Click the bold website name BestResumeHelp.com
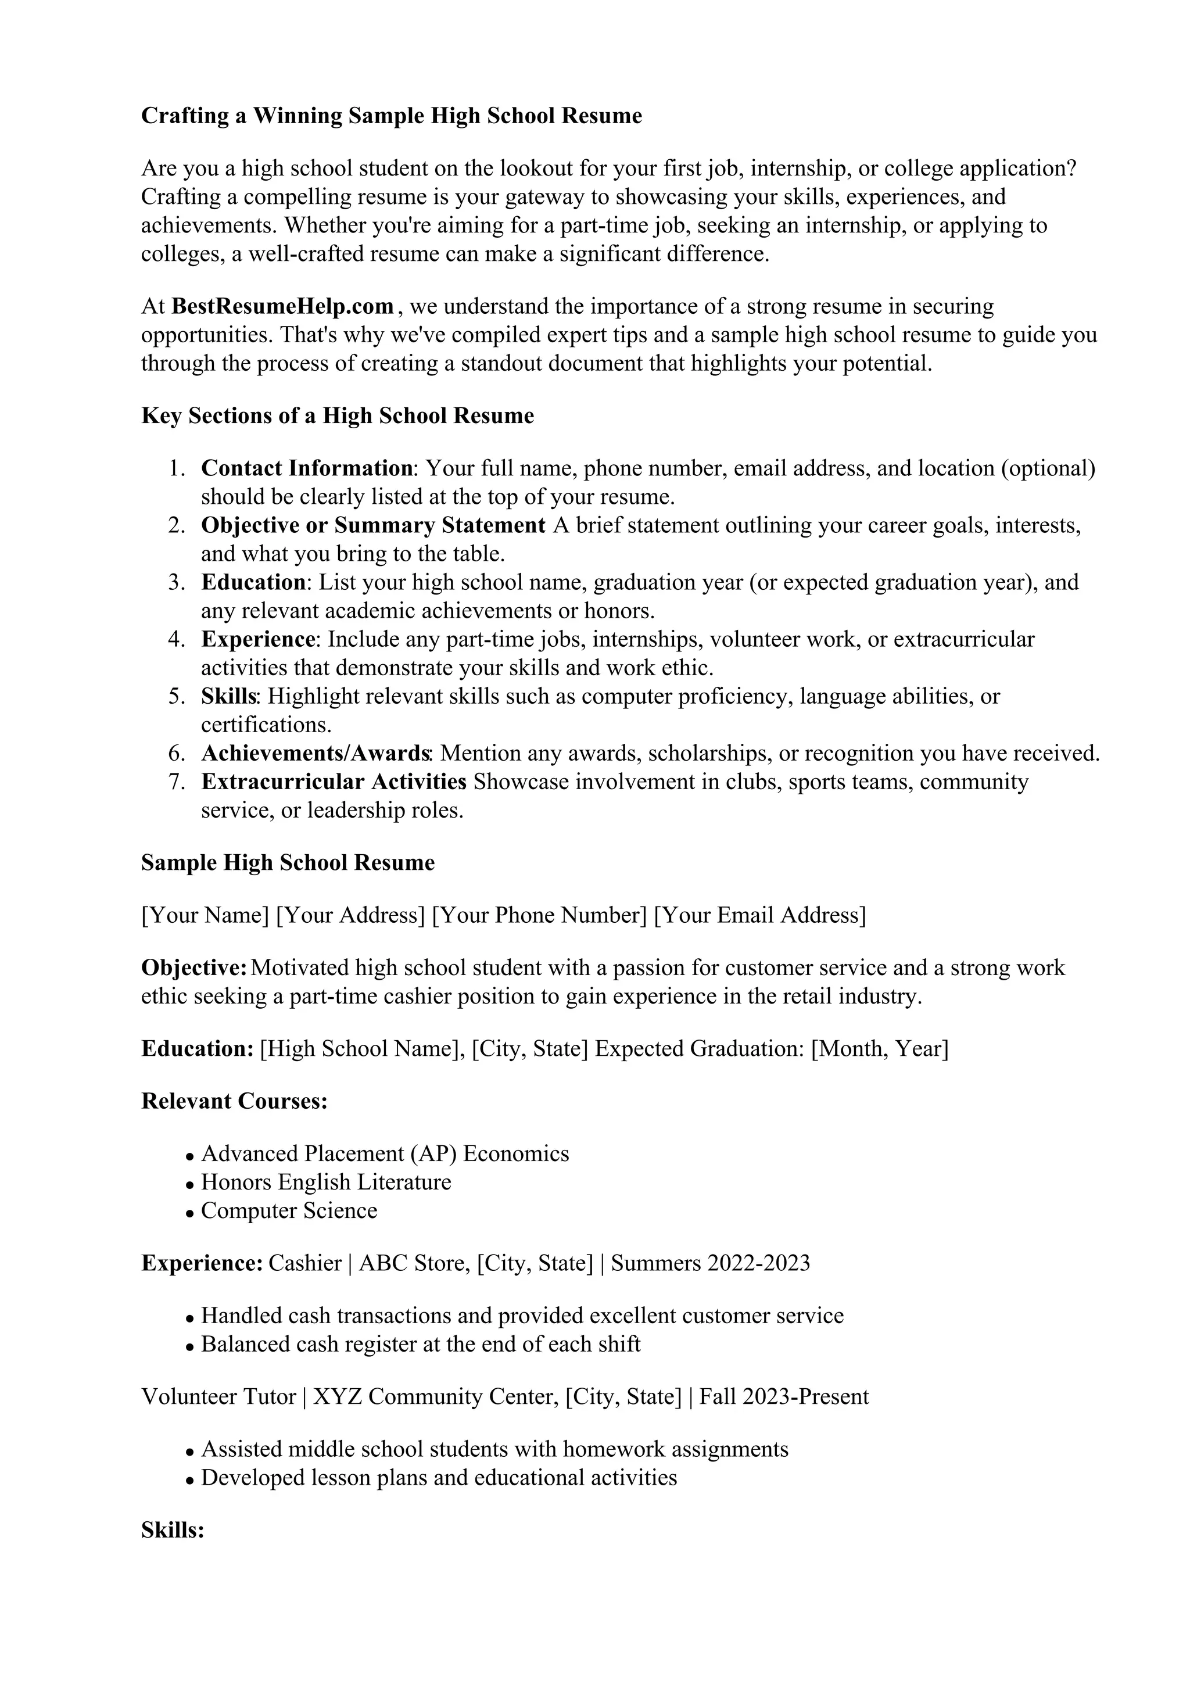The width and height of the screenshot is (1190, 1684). click(282, 306)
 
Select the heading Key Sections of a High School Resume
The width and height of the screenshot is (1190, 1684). click(337, 416)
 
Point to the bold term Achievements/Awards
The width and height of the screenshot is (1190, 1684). click(316, 753)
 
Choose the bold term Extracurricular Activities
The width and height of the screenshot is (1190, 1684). click(334, 782)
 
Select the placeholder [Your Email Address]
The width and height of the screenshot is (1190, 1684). click(759, 915)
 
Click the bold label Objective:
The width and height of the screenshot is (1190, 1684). click(193, 968)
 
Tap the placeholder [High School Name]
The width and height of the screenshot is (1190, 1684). click(362, 1049)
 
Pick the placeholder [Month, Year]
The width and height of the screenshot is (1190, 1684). click(879, 1049)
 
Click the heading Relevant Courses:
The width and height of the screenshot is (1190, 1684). click(234, 1101)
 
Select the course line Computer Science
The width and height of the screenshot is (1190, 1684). click(289, 1211)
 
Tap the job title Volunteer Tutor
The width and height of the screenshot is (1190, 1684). click(218, 1396)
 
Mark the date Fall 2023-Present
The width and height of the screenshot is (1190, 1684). click(783, 1396)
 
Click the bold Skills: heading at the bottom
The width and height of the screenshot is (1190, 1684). click(173, 1531)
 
